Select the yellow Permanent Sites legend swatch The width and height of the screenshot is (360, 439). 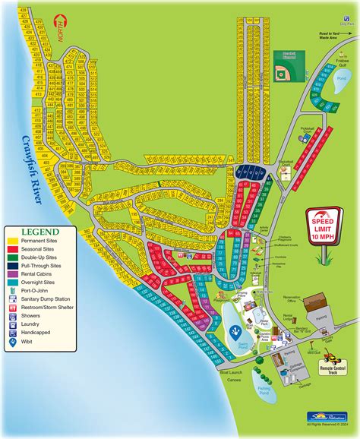pyautogui.click(x=14, y=241)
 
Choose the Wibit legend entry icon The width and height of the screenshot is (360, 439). pyautogui.click(x=14, y=342)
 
